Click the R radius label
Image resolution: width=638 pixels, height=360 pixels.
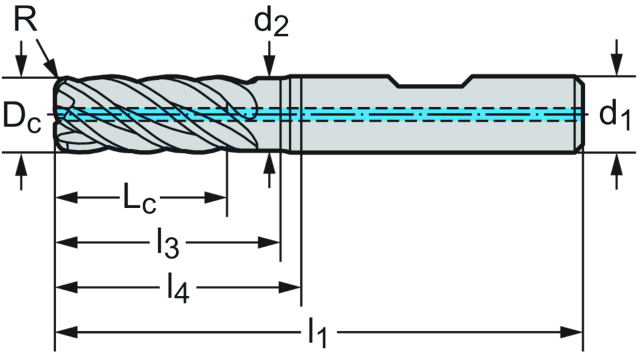coord(24,19)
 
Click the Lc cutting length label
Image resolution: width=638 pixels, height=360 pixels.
coord(138,199)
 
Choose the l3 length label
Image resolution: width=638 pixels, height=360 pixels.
coord(167,243)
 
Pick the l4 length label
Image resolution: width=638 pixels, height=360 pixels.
coord(178,288)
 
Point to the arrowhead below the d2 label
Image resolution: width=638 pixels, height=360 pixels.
coord(269,67)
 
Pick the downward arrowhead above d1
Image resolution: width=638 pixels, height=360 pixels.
coord(616,66)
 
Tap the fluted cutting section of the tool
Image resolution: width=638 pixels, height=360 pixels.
coord(156,115)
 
